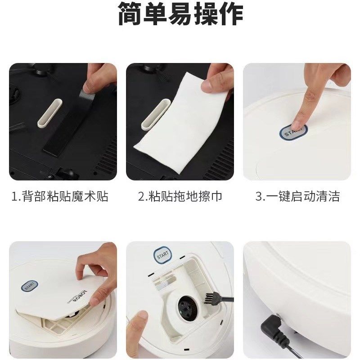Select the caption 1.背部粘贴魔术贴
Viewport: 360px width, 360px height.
point(60,197)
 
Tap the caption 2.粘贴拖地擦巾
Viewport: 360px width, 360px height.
point(180,197)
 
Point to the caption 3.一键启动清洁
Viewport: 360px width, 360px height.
point(297,197)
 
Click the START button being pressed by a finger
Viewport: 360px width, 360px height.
point(293,132)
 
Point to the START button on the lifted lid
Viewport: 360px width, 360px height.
point(30,286)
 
